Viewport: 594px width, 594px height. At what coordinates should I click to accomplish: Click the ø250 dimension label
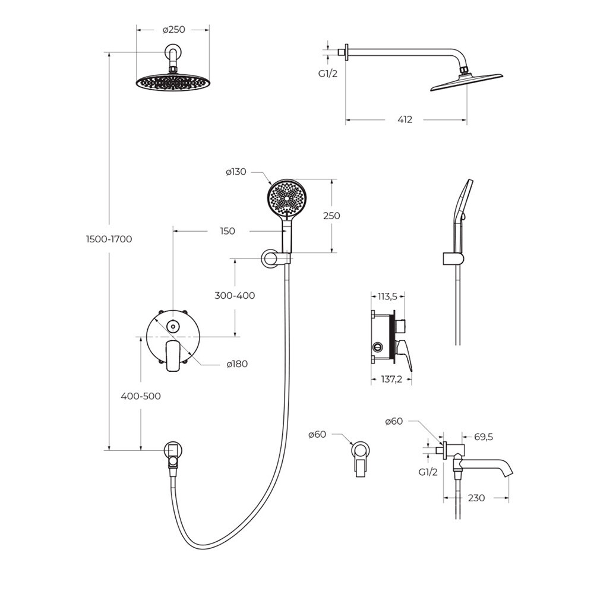[x=174, y=30]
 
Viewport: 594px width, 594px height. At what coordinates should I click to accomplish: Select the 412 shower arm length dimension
[x=405, y=119]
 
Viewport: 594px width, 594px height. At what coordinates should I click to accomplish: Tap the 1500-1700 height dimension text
[x=109, y=239]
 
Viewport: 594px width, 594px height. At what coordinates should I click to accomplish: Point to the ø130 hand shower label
[x=236, y=172]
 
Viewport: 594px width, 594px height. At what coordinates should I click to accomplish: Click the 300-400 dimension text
[x=235, y=295]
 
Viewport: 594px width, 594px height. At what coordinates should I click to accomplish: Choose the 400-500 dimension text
[x=141, y=396]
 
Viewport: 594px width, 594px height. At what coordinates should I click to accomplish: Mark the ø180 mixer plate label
[x=237, y=364]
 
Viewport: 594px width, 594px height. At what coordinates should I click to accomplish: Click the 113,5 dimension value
[x=387, y=296]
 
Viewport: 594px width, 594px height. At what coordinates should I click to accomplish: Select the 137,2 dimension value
[x=391, y=379]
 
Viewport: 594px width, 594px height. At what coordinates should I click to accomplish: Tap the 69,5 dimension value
[x=484, y=437]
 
